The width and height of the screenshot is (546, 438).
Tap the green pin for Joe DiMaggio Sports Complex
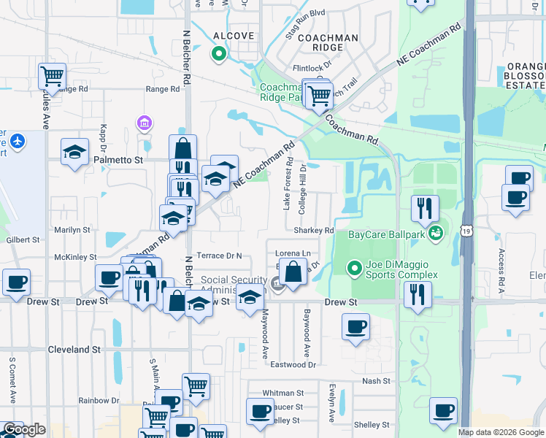point(355,269)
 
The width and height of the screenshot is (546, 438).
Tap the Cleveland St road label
point(74,350)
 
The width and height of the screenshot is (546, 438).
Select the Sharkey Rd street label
point(314,230)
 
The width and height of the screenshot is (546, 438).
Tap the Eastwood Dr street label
point(293,364)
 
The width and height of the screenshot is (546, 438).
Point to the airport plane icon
point(18,140)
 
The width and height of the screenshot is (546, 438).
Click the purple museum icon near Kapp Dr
point(145,122)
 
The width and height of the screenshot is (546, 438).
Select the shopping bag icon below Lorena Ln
point(293,273)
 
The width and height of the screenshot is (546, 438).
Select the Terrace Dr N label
point(219,256)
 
